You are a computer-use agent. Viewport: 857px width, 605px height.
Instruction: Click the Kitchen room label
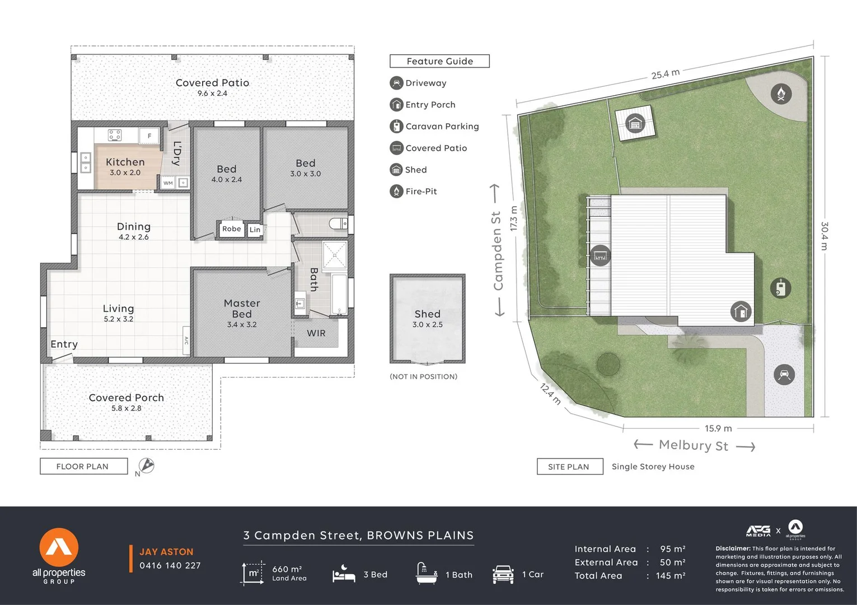pyautogui.click(x=125, y=162)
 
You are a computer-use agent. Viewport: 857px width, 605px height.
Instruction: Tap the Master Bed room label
pyautogui.click(x=242, y=309)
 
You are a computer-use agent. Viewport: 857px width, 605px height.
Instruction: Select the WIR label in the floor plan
pyautogui.click(x=316, y=333)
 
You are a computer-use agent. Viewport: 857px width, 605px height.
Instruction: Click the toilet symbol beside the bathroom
pyautogui.click(x=338, y=224)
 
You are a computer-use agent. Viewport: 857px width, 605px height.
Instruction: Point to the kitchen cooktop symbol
pyautogui.click(x=115, y=135)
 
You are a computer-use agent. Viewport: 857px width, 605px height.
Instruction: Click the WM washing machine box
pyautogui.click(x=168, y=183)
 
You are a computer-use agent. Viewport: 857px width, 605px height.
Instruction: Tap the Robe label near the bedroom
pyautogui.click(x=231, y=229)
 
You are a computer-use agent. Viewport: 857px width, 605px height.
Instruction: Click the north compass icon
pyautogui.click(x=146, y=466)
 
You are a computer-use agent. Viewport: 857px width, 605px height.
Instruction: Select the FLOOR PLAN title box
pyautogui.click(x=83, y=466)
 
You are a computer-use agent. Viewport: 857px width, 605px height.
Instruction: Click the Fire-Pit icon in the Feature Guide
pyautogui.click(x=396, y=192)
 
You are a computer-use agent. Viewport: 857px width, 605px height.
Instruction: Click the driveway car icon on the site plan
pyautogui.click(x=784, y=374)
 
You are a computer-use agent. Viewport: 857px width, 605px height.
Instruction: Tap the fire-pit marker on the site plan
pyautogui.click(x=781, y=94)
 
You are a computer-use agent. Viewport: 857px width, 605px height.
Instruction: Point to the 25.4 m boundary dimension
pyautogui.click(x=665, y=74)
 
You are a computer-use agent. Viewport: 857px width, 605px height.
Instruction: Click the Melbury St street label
pyautogui.click(x=693, y=445)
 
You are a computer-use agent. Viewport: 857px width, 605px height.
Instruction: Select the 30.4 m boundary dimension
pyautogui.click(x=825, y=236)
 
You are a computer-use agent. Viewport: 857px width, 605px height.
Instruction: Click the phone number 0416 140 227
pyautogui.click(x=170, y=566)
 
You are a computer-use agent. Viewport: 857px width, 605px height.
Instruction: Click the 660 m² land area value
pyautogui.click(x=287, y=569)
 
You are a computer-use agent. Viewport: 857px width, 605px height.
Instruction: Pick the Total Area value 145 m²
pyautogui.click(x=671, y=576)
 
